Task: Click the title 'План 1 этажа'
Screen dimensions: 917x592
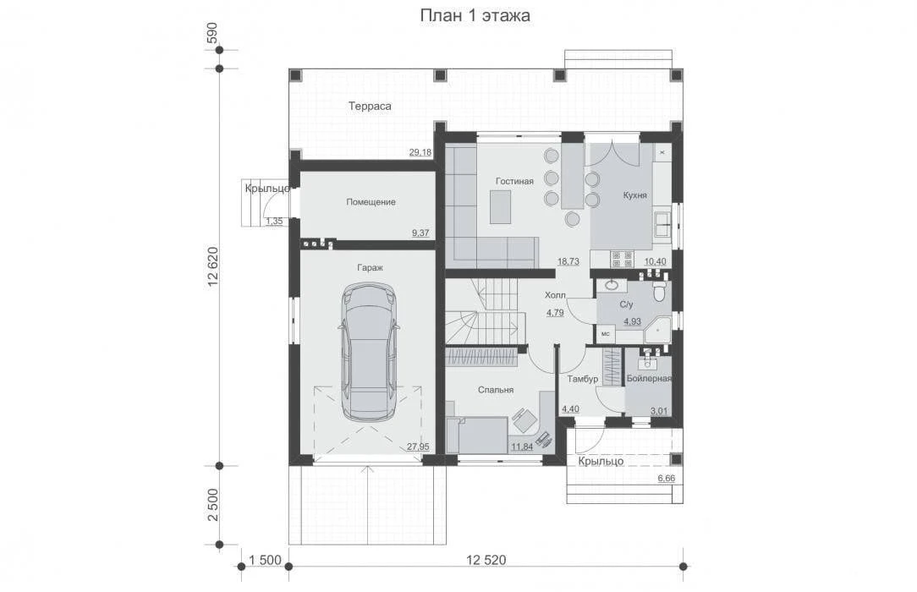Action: coord(475,16)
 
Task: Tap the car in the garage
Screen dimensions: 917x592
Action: coord(369,352)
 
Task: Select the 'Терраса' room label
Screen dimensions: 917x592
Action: coord(370,107)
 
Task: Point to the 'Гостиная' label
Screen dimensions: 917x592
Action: coord(514,181)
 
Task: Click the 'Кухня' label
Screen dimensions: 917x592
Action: coord(634,195)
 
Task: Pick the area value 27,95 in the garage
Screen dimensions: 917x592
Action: coord(418,447)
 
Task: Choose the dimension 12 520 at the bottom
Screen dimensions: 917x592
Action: coord(486,560)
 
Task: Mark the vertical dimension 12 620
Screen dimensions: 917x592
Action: coord(213,266)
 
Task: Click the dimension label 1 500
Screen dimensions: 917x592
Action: coord(265,560)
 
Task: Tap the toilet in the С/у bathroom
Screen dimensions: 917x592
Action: coord(659,292)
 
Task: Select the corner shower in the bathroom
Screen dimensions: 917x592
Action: coord(657,330)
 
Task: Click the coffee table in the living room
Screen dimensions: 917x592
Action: coord(500,207)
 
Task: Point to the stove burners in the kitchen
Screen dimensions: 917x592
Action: coord(622,259)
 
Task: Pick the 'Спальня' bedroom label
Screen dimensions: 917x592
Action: coord(496,390)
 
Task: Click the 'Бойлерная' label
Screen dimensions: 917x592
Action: coord(649,379)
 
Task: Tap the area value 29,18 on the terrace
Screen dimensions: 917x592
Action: coord(420,152)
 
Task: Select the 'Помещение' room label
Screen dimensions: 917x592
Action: coord(371,202)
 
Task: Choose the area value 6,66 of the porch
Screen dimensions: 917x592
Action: coord(666,478)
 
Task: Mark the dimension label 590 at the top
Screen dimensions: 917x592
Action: coord(212,31)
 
